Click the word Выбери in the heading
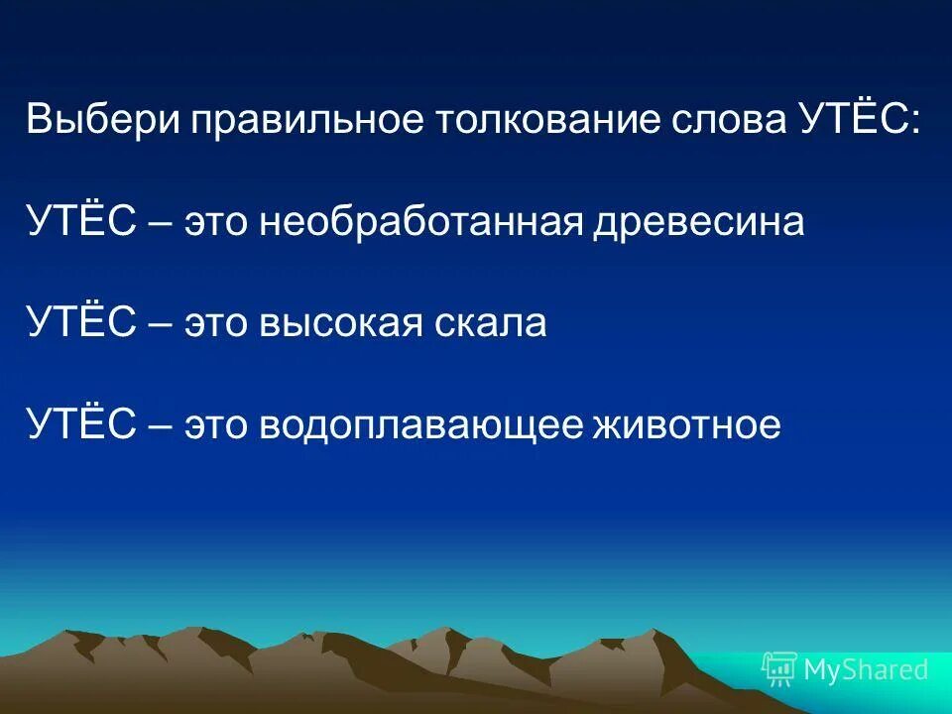tap(102, 120)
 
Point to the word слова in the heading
tap(722, 120)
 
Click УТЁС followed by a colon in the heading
tap(859, 120)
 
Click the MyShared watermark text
tap(866, 670)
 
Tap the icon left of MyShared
tap(779, 670)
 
